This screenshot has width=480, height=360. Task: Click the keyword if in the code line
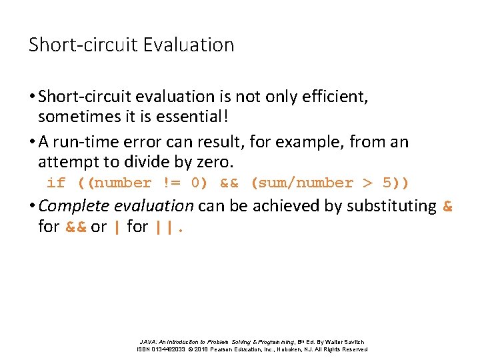(x=56, y=183)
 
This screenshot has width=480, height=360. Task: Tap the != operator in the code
(x=171, y=183)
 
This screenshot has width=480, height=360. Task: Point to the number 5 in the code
(x=387, y=183)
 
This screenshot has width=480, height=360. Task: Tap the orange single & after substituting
(x=447, y=206)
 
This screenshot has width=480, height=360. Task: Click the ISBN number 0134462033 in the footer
(x=167, y=349)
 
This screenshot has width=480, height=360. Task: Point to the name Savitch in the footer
(x=353, y=341)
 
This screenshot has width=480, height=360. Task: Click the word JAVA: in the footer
(x=149, y=341)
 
